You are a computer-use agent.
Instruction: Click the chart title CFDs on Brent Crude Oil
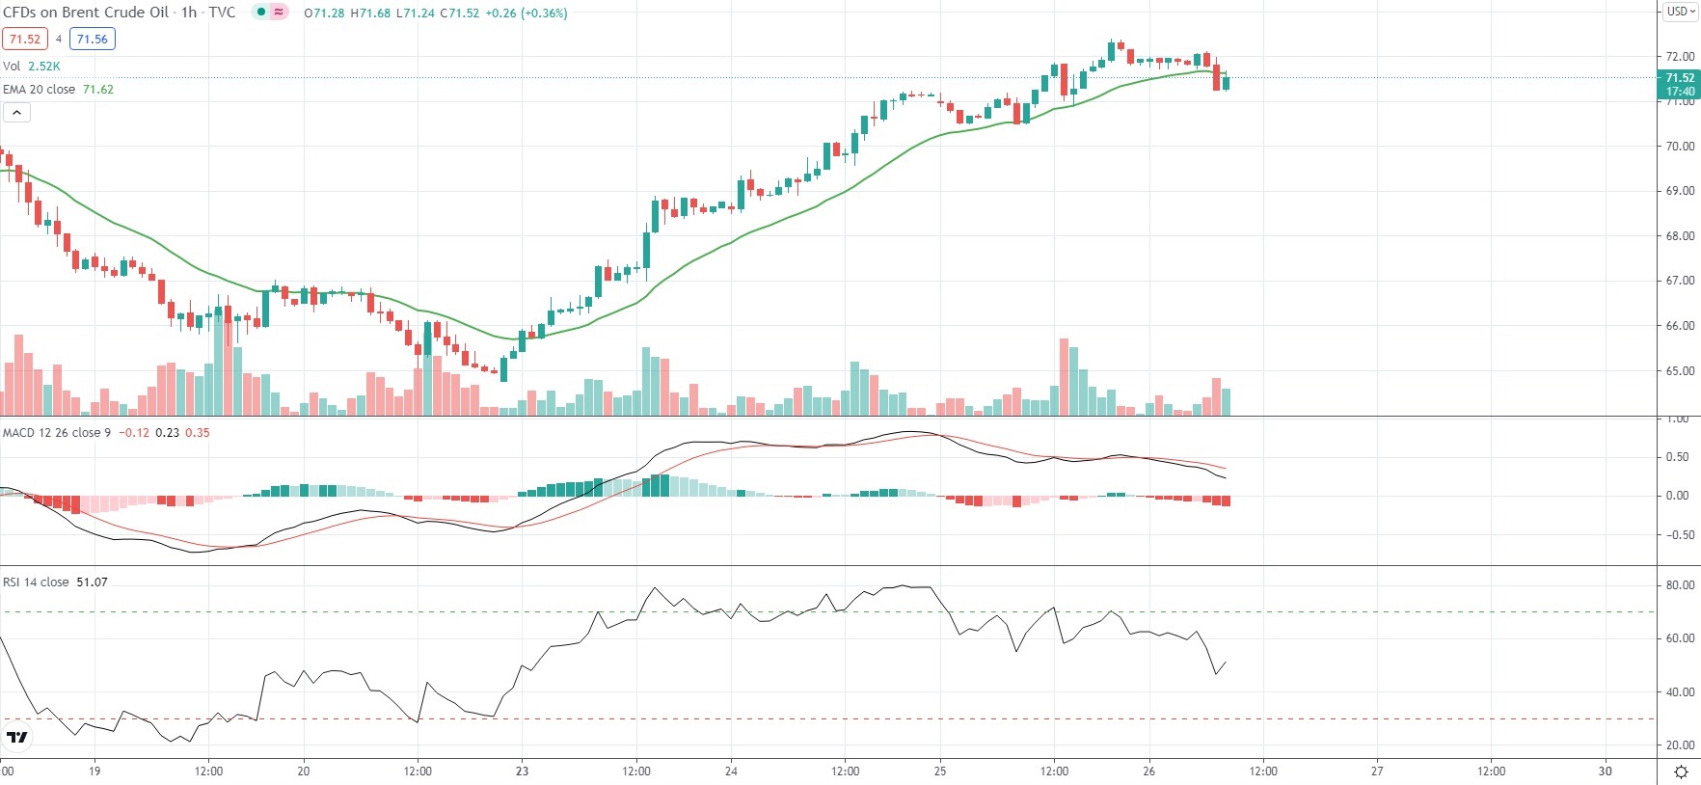tap(87, 13)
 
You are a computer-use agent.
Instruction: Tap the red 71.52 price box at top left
tap(25, 39)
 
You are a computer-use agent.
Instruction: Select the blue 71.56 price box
tap(93, 39)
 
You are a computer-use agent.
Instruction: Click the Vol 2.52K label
tap(32, 66)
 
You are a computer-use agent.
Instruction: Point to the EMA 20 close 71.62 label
tap(58, 89)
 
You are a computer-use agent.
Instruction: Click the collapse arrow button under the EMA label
tap(17, 112)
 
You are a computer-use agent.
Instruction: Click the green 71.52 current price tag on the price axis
tap(1680, 78)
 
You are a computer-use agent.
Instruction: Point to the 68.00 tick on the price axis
tap(1680, 235)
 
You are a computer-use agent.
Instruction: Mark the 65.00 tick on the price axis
tap(1680, 370)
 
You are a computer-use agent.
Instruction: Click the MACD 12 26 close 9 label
tap(57, 432)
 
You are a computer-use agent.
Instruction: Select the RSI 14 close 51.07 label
tap(55, 582)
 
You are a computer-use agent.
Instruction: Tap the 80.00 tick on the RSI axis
tap(1680, 584)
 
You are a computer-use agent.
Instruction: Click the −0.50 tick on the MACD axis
tap(1678, 534)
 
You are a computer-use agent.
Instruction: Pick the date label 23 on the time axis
tap(522, 771)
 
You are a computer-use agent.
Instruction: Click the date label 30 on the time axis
tap(1605, 771)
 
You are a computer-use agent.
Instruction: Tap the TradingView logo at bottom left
tap(17, 738)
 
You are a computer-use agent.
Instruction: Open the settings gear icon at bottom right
tap(1681, 771)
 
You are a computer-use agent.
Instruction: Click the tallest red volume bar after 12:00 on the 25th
tap(1064, 376)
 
